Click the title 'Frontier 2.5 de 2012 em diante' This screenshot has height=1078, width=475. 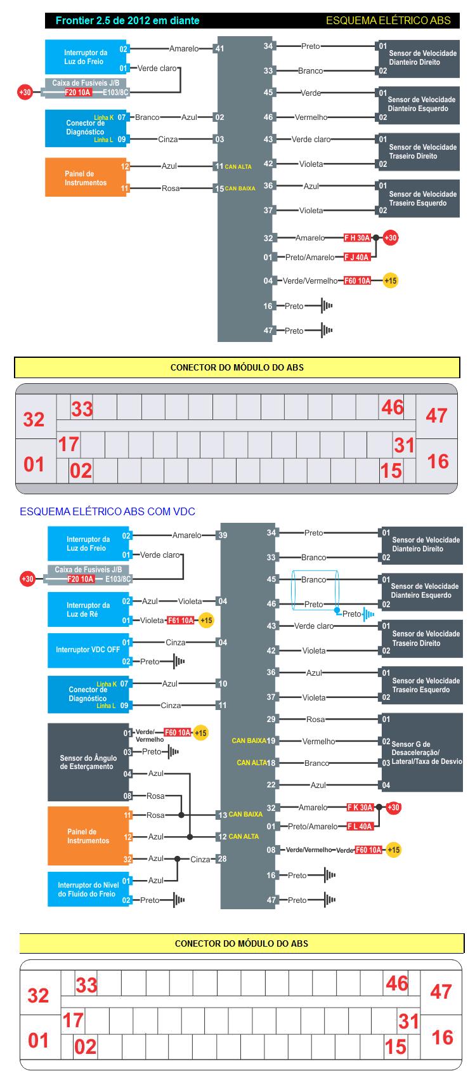[x=127, y=21]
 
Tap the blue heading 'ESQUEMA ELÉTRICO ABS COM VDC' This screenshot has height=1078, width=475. [x=107, y=511]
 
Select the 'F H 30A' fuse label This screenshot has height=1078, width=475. [x=357, y=238]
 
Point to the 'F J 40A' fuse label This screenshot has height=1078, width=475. [x=357, y=257]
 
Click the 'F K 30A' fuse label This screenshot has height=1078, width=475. [x=360, y=808]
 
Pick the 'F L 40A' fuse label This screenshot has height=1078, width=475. [x=360, y=826]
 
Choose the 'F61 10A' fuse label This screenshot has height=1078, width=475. [x=180, y=620]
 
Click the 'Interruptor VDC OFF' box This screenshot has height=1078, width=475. [x=88, y=650]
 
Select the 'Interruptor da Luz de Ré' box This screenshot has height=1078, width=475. [x=88, y=610]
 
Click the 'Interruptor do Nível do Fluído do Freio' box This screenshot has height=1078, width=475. [x=88, y=889]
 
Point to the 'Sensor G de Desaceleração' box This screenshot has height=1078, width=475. [x=422, y=753]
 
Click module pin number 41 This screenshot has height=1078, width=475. [x=220, y=48]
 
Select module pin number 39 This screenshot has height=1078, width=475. [x=223, y=536]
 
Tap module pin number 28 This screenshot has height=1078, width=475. [x=222, y=859]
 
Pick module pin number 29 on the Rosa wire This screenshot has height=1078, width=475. [x=271, y=719]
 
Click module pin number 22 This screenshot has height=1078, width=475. [x=271, y=785]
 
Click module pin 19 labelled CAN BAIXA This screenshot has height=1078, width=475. [x=271, y=741]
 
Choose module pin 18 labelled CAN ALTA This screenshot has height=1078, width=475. [x=271, y=763]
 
